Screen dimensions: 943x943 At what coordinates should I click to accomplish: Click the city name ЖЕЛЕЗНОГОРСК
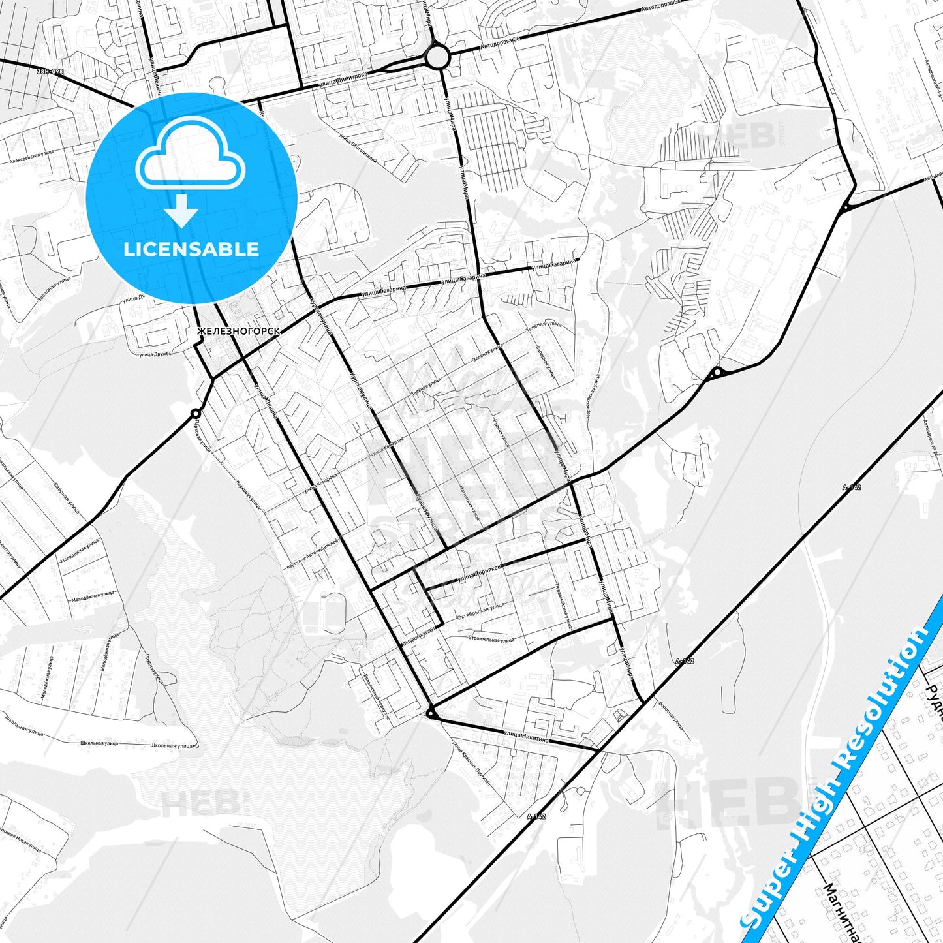(239, 332)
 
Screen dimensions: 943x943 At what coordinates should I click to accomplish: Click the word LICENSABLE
(191, 249)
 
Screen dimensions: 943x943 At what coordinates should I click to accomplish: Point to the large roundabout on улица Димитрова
(437, 57)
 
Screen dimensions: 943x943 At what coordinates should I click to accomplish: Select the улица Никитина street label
(526, 737)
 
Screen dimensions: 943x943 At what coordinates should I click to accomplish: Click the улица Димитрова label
(343, 80)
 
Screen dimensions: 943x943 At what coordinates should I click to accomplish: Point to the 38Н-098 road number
(50, 70)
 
